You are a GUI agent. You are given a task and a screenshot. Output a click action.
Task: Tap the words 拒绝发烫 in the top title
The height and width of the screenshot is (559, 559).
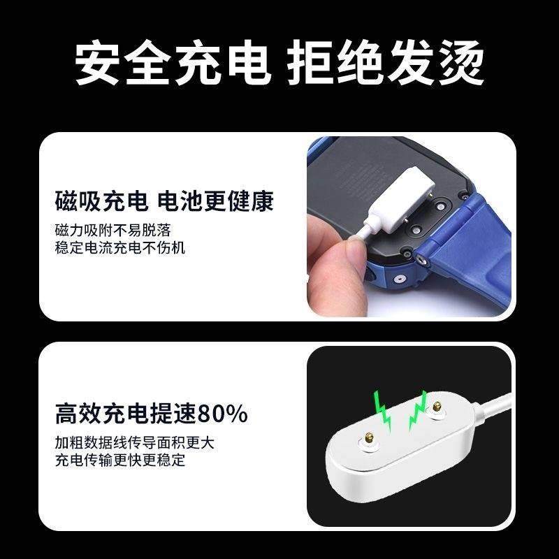pos(386,64)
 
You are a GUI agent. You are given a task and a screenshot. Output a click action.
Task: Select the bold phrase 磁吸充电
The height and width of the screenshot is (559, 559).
pos(101,201)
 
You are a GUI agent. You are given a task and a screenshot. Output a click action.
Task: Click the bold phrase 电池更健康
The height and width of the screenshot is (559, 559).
pos(216,201)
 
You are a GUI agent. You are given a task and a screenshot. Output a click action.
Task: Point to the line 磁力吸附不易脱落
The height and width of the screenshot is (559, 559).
pos(113,230)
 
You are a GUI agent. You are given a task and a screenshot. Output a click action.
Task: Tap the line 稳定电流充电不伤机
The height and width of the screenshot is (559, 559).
pos(120,247)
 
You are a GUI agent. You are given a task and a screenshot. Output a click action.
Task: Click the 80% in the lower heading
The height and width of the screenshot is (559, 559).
pos(223,414)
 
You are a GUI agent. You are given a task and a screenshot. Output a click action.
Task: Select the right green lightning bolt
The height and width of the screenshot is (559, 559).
pos(420,413)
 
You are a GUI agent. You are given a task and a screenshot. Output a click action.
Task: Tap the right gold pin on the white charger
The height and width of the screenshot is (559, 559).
pos(437,407)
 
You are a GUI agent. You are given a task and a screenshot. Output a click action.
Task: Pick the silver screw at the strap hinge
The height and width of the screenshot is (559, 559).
pos(422,258)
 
